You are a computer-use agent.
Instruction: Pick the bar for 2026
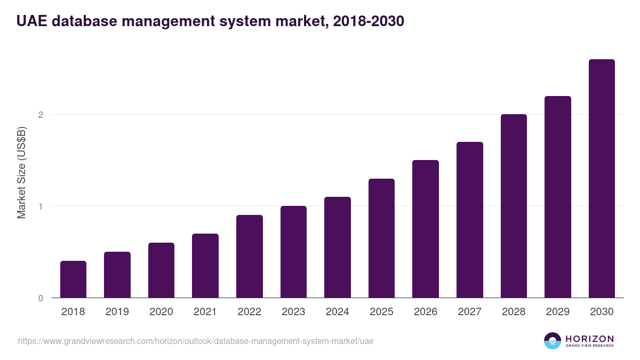click(x=426, y=229)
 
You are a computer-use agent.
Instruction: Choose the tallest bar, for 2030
click(x=602, y=178)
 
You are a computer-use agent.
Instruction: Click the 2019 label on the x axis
click(x=117, y=312)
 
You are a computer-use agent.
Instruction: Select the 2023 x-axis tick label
click(x=293, y=312)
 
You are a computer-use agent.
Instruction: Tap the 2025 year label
click(x=381, y=312)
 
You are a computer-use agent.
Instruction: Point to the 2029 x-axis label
click(x=558, y=312)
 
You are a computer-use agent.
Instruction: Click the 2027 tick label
click(x=470, y=312)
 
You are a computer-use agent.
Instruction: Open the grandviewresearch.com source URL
click(x=196, y=341)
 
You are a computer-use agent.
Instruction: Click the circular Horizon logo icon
click(x=552, y=341)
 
